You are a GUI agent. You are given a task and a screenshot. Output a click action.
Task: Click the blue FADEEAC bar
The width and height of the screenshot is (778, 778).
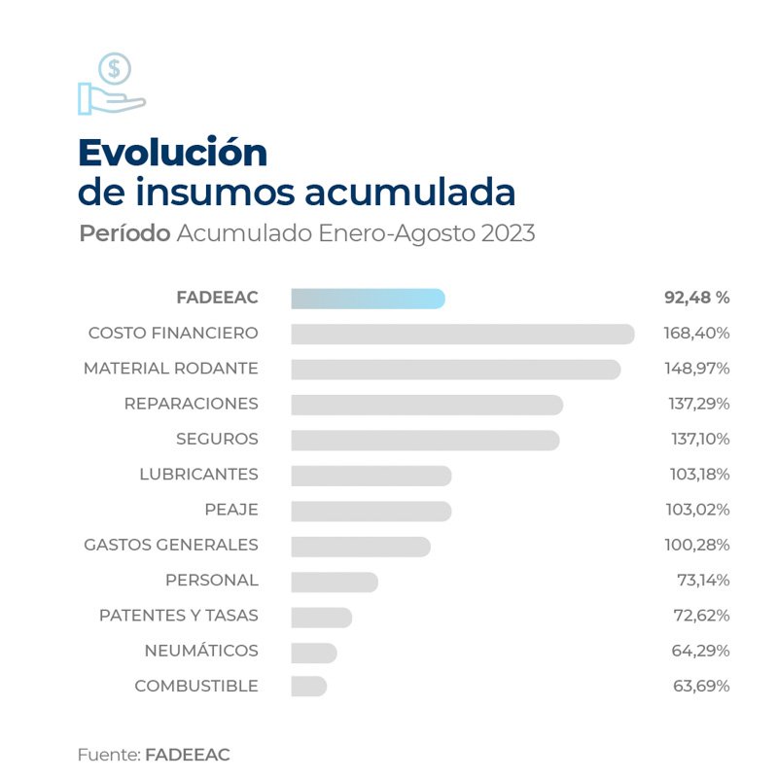[x=368, y=299]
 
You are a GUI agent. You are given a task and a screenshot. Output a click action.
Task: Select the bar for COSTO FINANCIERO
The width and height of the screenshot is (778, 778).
[x=462, y=334]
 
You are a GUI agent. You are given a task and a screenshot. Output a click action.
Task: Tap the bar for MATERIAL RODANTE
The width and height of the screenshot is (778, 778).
[x=455, y=370]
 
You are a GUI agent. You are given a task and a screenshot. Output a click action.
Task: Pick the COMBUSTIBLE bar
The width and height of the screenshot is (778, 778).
[x=308, y=686]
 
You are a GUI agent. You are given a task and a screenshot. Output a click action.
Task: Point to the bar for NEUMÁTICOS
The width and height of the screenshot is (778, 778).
[x=313, y=651]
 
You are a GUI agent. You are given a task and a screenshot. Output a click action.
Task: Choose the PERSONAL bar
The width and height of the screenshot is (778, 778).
[x=334, y=581]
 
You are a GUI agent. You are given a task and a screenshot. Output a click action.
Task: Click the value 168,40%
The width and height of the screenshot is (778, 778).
[x=697, y=334]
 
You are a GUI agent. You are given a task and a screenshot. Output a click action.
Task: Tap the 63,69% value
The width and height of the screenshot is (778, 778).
[x=701, y=686]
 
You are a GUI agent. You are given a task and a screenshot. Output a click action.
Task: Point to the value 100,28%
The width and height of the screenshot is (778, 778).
[x=697, y=545]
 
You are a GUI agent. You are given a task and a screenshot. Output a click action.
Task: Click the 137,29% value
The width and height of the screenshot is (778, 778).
[x=697, y=404]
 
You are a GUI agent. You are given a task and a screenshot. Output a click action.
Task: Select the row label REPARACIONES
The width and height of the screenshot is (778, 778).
[x=191, y=404]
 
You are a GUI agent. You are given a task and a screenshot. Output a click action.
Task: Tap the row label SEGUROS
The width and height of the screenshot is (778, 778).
[x=217, y=439]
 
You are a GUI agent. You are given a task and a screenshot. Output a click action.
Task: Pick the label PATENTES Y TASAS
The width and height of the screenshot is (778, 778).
[x=178, y=616]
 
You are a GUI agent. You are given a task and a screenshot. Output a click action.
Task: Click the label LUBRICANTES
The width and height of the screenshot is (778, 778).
[x=198, y=475]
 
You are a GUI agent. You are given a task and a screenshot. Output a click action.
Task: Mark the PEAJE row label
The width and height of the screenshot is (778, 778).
[x=231, y=510]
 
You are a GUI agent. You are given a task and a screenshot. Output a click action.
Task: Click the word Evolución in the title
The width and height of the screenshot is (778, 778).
[x=172, y=153]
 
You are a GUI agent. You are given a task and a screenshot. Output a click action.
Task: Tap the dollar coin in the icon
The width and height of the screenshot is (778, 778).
[x=115, y=69]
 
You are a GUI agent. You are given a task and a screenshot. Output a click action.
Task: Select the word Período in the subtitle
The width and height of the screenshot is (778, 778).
[x=124, y=234]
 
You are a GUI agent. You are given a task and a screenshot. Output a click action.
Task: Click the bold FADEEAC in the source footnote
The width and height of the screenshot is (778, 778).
[x=188, y=755]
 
